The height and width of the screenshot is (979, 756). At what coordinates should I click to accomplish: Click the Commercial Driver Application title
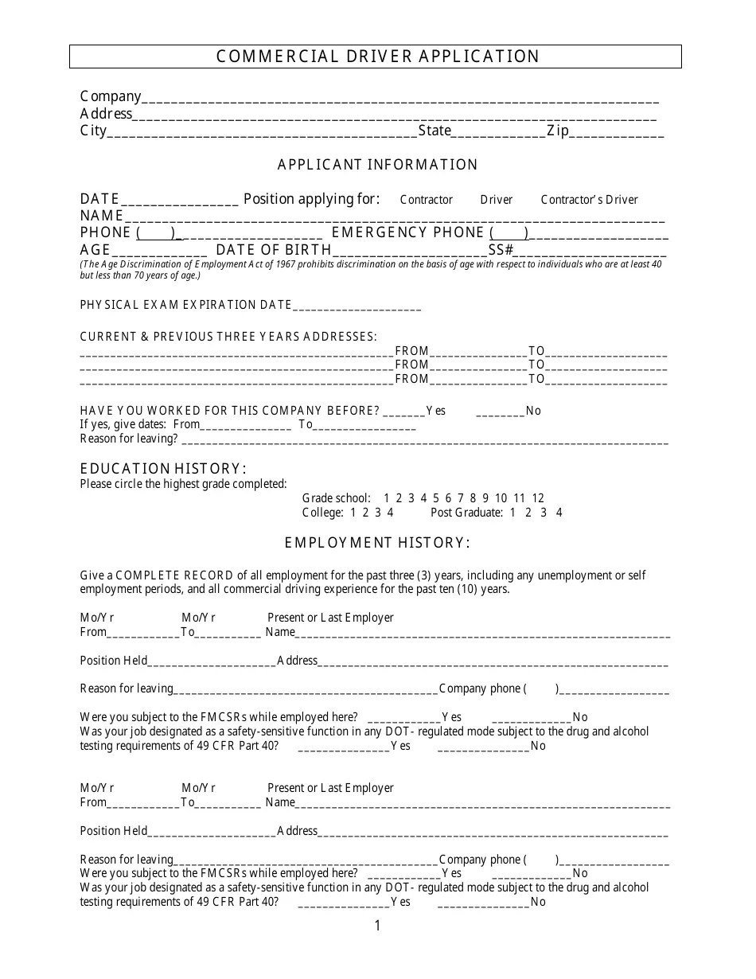pyautogui.click(x=378, y=57)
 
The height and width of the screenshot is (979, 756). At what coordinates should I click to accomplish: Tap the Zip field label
pyautogui.click(x=557, y=131)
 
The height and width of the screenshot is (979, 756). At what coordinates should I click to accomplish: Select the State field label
pyautogui.click(x=435, y=131)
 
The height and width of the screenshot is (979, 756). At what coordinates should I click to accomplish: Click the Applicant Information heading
pyautogui.click(x=377, y=165)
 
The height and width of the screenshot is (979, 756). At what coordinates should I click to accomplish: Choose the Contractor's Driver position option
pyautogui.click(x=589, y=200)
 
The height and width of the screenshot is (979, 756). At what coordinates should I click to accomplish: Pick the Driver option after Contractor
pyautogui.click(x=496, y=200)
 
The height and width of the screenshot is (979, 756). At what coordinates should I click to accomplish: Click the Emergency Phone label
pyautogui.click(x=407, y=232)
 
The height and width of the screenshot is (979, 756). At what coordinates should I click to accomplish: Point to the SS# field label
pyautogui.click(x=501, y=250)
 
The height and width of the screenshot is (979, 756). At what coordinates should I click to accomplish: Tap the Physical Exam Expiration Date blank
pyautogui.click(x=357, y=306)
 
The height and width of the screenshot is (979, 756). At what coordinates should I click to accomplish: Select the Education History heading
pyautogui.click(x=163, y=468)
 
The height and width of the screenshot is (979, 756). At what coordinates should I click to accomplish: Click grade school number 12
pyautogui.click(x=538, y=498)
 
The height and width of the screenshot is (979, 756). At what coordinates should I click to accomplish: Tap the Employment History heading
pyautogui.click(x=377, y=543)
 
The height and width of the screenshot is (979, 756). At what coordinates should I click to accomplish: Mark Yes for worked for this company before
pyautogui.click(x=404, y=411)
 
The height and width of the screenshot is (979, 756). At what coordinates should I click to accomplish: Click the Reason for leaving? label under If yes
pyautogui.click(x=129, y=439)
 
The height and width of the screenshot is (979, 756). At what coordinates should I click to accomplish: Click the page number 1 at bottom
pyautogui.click(x=377, y=926)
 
